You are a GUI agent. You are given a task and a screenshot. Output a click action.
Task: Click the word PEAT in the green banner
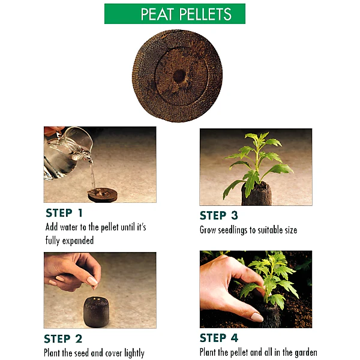[x=157, y=14]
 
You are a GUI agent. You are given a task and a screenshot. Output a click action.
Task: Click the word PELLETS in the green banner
[x=205, y=14]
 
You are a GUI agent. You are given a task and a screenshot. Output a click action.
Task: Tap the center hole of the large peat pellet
[x=179, y=76]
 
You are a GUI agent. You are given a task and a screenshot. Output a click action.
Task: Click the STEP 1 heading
[x=64, y=213]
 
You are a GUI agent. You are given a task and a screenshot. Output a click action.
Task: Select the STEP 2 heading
[x=63, y=338]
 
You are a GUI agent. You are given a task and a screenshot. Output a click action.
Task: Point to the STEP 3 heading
[x=219, y=215]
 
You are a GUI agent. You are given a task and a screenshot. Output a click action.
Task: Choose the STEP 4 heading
[x=219, y=338]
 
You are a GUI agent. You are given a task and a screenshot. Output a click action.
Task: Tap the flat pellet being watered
[x=103, y=194]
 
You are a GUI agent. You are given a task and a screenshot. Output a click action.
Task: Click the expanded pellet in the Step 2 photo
[x=96, y=311]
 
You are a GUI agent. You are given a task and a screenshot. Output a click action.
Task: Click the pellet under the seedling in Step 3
[x=257, y=193]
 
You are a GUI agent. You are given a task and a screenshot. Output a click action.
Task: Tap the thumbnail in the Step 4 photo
[x=257, y=317]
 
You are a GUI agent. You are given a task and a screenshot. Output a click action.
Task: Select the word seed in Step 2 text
[x=83, y=353]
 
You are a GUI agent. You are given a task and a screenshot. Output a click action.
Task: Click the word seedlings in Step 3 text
[x=232, y=230]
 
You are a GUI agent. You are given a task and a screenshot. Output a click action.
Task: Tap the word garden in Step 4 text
[x=306, y=352]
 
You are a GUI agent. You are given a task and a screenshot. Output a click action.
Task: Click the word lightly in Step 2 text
[x=134, y=353]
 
